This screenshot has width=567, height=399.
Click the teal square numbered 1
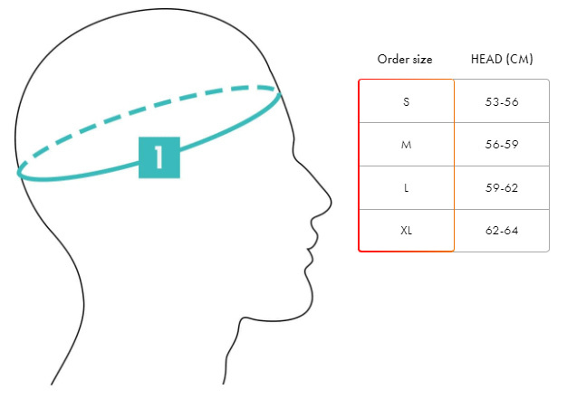[159, 157]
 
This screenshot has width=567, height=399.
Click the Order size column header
[405, 60]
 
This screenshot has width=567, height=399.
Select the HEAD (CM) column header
[502, 60]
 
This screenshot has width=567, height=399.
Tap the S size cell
[406, 101]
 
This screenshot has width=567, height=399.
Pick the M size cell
[406, 145]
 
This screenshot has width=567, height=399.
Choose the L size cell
[406, 187]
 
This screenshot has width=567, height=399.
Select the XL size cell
[406, 230]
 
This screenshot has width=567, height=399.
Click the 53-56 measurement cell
[502, 101]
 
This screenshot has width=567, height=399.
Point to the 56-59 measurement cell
[502, 145]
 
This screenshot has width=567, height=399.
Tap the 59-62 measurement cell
[502, 187]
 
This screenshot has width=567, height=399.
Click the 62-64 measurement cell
[502, 230]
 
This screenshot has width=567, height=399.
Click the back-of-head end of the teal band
[20, 171]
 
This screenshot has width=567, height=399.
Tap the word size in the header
[421, 60]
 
